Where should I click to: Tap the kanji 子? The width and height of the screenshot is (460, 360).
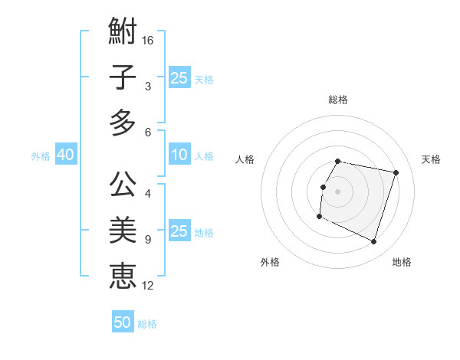tap(123, 77)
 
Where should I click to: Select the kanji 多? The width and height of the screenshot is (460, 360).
tap(123, 123)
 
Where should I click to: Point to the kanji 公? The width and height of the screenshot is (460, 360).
tap(123, 184)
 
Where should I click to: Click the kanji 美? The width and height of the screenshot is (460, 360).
tap(123, 230)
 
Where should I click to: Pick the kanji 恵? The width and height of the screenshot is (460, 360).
tap(123, 276)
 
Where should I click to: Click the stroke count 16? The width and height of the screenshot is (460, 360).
tap(148, 39)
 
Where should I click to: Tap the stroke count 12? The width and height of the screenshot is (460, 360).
tap(148, 286)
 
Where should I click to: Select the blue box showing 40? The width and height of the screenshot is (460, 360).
tap(65, 155)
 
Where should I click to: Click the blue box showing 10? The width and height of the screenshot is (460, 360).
tap(179, 155)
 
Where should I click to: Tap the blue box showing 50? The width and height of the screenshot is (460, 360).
tap(123, 322)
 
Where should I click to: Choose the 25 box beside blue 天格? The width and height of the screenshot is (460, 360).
tap(179, 77)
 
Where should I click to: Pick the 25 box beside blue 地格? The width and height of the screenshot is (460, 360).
tap(179, 231)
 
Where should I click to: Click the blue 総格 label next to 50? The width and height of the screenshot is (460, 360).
tap(147, 324)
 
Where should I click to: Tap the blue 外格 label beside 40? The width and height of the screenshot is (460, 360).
tap(41, 156)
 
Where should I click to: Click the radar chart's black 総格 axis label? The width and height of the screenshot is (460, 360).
tap(338, 100)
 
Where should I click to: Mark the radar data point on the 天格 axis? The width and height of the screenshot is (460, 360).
tap(396, 173)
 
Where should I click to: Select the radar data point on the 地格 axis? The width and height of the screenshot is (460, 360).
tap(374, 241)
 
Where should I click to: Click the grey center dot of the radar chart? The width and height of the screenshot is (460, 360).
tap(338, 191)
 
